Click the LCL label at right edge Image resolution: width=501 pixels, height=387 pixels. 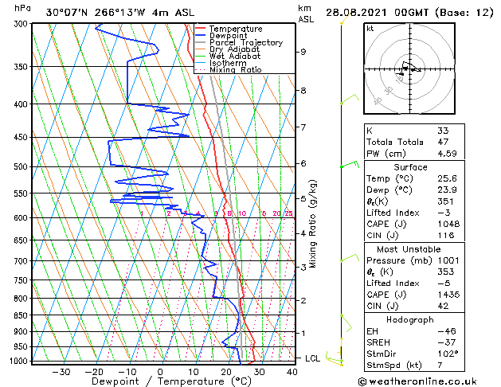(x=313, y=358)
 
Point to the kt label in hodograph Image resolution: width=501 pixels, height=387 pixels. (x=370, y=29)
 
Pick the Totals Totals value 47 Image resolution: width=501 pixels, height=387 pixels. (x=442, y=142)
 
